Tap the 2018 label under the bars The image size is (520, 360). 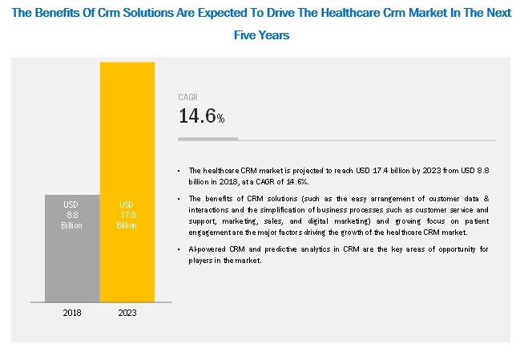click(71, 312)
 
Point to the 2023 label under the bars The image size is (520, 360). click(127, 312)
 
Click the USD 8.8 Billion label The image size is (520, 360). click(71, 215)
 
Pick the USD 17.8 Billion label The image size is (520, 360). click(127, 215)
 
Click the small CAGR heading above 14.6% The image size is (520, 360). click(187, 98)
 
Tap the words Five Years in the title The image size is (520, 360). click(261, 35)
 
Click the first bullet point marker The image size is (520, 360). click(180, 170)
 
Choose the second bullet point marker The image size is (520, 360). click(180, 197)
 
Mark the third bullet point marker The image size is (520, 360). click(180, 249)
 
